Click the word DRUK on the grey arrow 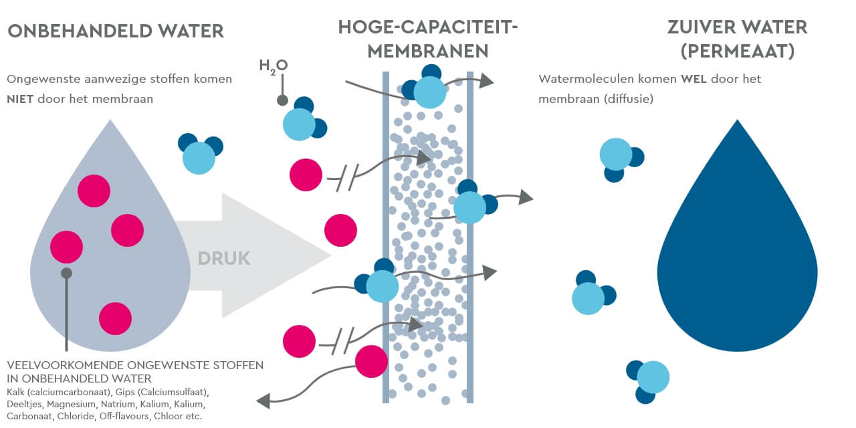[x=223, y=259]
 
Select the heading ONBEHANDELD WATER [x=115, y=31]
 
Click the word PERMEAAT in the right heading [x=737, y=51]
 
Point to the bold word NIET [x=21, y=100]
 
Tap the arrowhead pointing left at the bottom [x=263, y=401]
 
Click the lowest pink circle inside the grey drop [x=116, y=318]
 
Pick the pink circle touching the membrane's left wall [x=371, y=362]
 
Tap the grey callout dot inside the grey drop [x=66, y=273]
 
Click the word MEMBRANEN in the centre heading [x=428, y=51]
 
